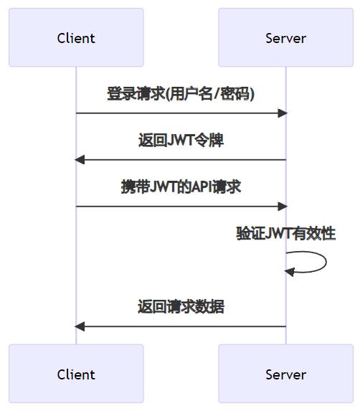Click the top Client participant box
pos(76,37)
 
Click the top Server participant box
pos(286,37)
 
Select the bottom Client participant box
pos(76,374)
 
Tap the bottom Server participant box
pos(286,374)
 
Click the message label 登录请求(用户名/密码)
pos(181,94)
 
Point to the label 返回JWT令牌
pos(181,141)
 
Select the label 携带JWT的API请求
pos(181,187)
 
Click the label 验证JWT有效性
pos(286,234)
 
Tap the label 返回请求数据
pos(181,306)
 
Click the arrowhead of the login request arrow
pos(283,113)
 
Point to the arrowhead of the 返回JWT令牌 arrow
pos(80,160)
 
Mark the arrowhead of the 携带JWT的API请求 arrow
pos(283,207)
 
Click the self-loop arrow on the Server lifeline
pos(326,262)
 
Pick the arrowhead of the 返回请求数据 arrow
pos(80,326)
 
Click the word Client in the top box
pos(76,38)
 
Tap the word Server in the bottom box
pos(286,374)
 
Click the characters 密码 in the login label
pos(235,94)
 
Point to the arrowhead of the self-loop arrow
pos(289,272)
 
